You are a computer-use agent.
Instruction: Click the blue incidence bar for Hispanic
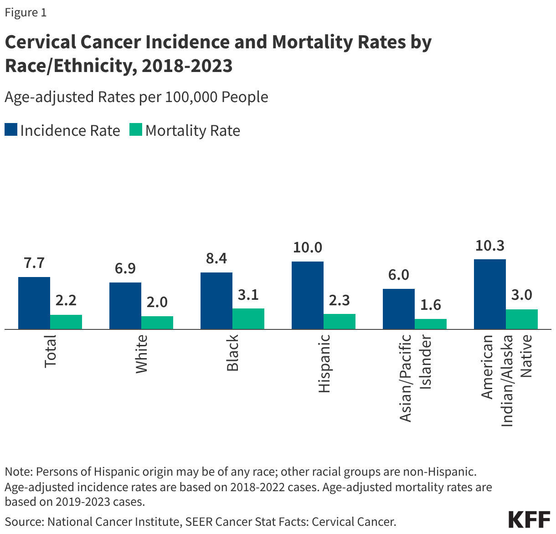[x=308, y=295]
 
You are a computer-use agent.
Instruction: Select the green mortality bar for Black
[x=248, y=318]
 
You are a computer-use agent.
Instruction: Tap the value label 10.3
[x=490, y=246]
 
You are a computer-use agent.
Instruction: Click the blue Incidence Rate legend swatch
[x=11, y=130]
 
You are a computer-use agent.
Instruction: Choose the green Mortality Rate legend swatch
[x=136, y=130]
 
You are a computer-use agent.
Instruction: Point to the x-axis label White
[x=142, y=354]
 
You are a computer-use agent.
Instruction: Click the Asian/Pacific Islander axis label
[x=415, y=378]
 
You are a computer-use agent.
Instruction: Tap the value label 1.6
[x=431, y=305]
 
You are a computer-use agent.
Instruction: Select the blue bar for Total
[x=34, y=303]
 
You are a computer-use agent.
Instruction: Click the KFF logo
[x=529, y=519]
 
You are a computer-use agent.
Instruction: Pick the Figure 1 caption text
[x=26, y=12]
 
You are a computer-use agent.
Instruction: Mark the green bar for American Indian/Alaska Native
[x=522, y=319]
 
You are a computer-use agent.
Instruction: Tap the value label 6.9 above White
[x=125, y=268]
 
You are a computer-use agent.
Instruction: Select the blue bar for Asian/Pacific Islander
[x=399, y=308]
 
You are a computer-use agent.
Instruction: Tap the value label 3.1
[x=248, y=295]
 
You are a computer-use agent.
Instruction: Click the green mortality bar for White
[x=157, y=322]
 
